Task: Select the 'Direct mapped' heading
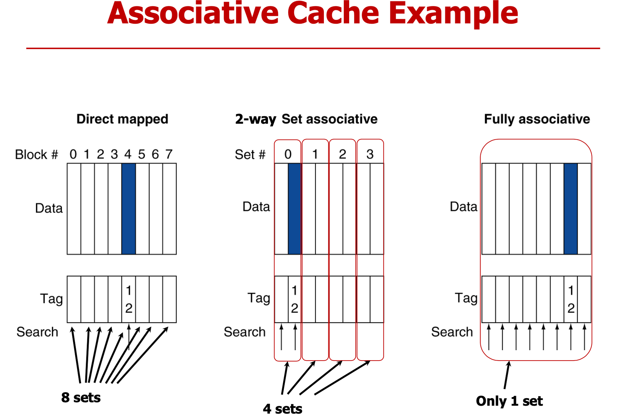pos(122,119)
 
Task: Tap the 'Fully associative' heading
pos(537,119)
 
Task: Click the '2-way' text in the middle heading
pos(255,119)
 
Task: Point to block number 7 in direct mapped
pos(169,154)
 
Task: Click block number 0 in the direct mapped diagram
pos(73,154)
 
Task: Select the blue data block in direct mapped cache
pos(129,209)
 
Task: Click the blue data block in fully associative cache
pos(571,209)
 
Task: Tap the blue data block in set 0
pos(295,209)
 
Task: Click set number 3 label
pos(370,154)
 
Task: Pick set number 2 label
pos(343,154)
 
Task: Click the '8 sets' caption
pos(81,398)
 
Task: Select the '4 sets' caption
pos(283,409)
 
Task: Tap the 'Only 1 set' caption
pos(509,401)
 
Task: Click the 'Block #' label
pos(37,155)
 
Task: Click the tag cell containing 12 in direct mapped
pos(129,299)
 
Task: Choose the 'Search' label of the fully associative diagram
pos(452,332)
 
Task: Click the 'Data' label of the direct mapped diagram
pos(49,208)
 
